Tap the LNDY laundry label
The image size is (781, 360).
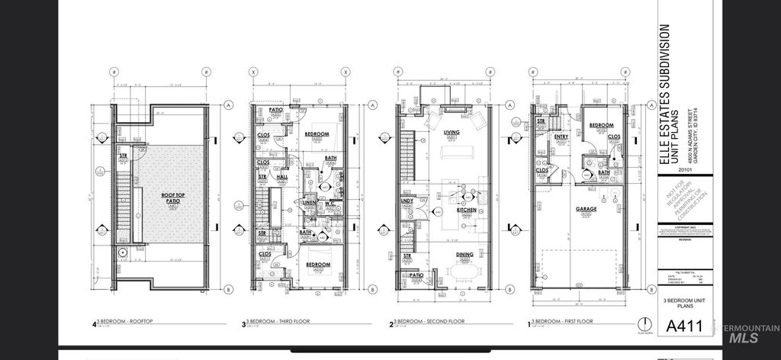tap(407, 201)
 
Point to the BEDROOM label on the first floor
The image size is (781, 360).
tap(602, 125)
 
